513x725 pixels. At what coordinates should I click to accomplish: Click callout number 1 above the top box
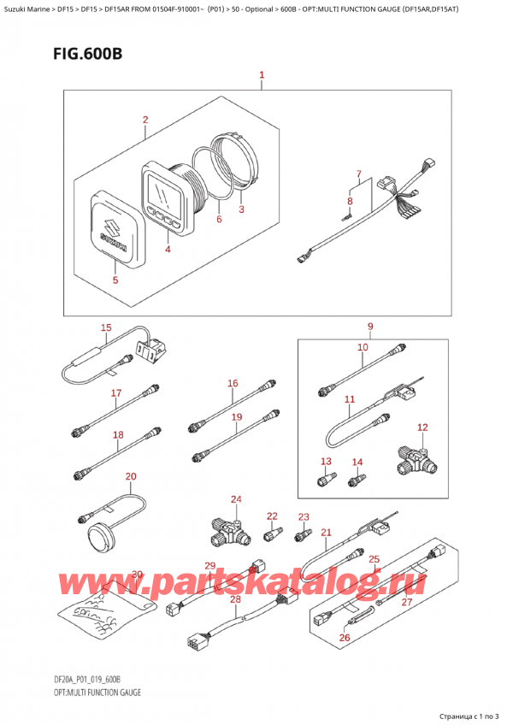click(262, 76)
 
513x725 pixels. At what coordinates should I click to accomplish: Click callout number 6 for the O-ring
click(219, 220)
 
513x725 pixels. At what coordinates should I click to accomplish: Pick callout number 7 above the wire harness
click(359, 174)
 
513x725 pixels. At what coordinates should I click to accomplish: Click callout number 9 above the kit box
click(370, 326)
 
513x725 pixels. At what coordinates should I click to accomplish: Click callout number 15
click(106, 327)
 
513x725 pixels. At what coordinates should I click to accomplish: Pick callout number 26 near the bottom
click(345, 636)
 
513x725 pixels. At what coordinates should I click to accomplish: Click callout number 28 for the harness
click(235, 599)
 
